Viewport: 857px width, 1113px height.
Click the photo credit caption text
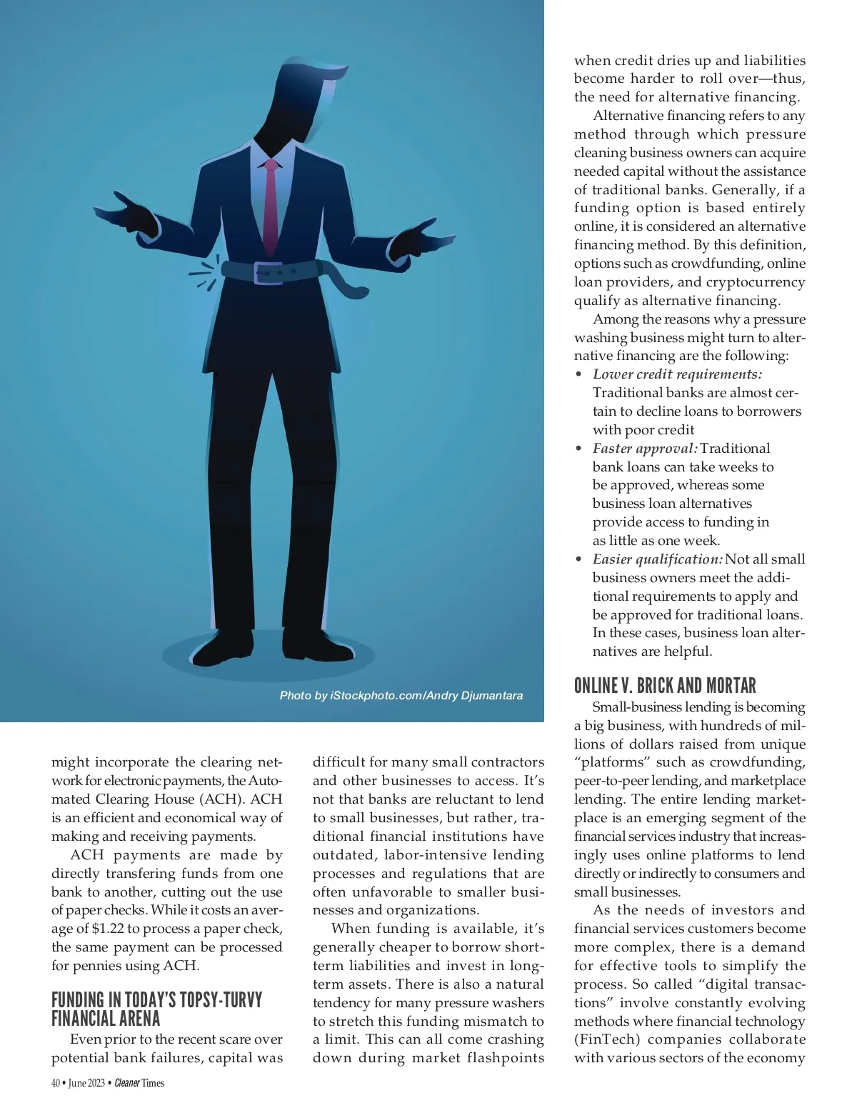[x=401, y=695]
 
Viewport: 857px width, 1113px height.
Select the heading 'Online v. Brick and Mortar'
[x=664, y=686]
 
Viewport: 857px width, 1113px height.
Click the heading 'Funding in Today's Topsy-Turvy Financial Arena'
[x=156, y=1008]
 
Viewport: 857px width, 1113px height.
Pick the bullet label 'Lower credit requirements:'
[x=677, y=374]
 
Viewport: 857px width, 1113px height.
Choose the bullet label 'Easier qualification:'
[x=657, y=559]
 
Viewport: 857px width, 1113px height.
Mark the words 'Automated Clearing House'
[x=166, y=799]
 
